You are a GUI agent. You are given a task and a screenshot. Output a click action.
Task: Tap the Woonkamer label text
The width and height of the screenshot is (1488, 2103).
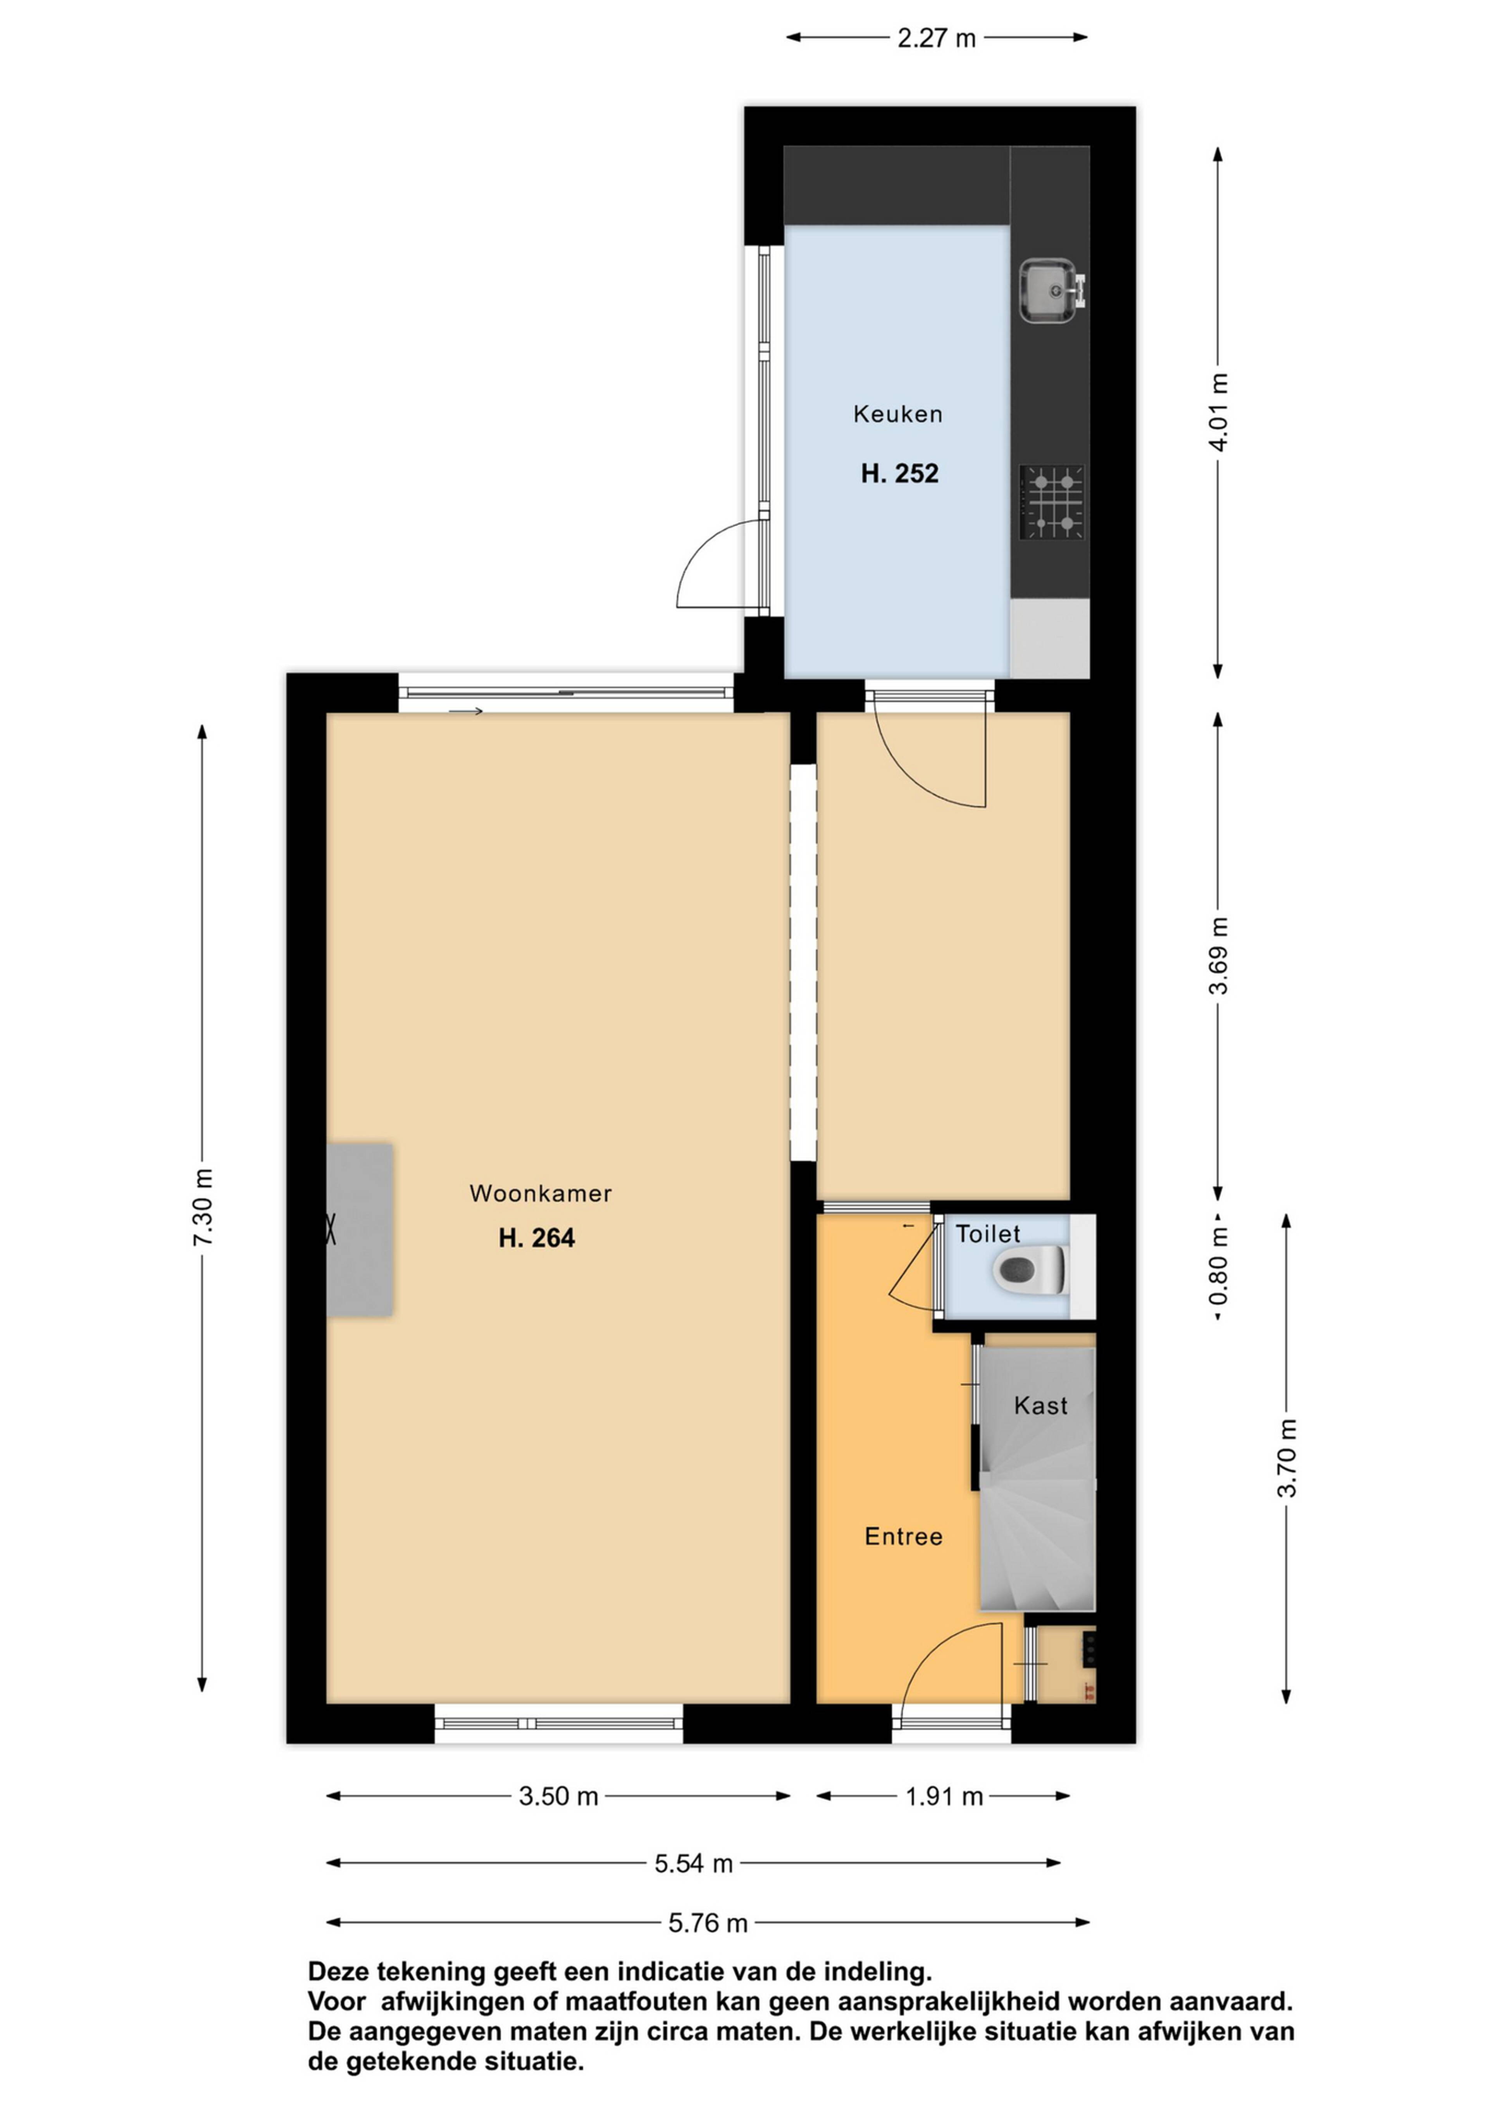pyautogui.click(x=541, y=1193)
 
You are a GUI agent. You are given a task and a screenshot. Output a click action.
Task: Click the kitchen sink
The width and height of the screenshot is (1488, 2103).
pyautogui.click(x=1051, y=291)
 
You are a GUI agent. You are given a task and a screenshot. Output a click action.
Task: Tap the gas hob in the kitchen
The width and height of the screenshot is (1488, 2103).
pyautogui.click(x=1052, y=502)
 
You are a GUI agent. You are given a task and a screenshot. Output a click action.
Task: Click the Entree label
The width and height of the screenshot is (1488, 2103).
pyautogui.click(x=903, y=1536)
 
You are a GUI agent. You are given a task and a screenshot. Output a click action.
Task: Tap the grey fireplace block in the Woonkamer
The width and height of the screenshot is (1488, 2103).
pyautogui.click(x=360, y=1229)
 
